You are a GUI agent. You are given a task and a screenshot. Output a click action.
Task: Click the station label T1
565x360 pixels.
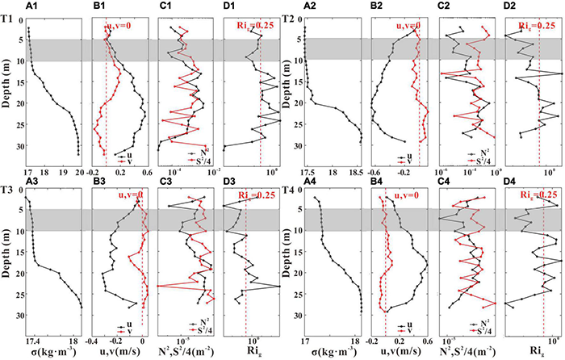click(6, 17)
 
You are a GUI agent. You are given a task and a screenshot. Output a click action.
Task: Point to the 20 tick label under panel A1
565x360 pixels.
click(79, 172)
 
